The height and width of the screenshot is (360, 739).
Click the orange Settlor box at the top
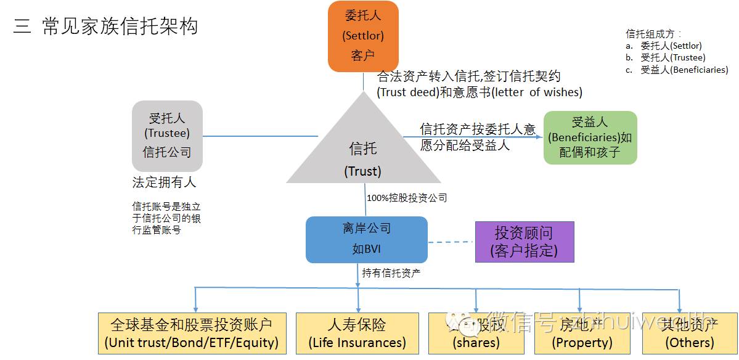(x=363, y=36)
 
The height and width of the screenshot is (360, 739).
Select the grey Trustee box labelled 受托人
(x=167, y=136)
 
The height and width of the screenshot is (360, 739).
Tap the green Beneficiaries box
(x=590, y=137)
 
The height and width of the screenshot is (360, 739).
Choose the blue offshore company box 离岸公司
(x=367, y=239)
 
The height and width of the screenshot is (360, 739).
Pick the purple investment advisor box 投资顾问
(x=524, y=242)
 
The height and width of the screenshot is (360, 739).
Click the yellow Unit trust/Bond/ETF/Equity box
(x=192, y=333)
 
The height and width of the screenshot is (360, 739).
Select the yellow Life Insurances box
(x=357, y=333)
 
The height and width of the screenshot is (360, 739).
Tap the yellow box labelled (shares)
(x=476, y=333)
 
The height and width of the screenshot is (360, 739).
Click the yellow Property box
(x=582, y=333)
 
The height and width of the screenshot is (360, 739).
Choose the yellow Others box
(x=689, y=333)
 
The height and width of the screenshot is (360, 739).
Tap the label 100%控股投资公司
(x=407, y=198)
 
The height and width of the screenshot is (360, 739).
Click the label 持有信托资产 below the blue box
(x=391, y=272)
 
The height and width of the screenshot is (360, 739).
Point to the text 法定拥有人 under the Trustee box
(x=164, y=182)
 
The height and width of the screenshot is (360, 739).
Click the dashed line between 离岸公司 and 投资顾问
(x=451, y=242)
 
